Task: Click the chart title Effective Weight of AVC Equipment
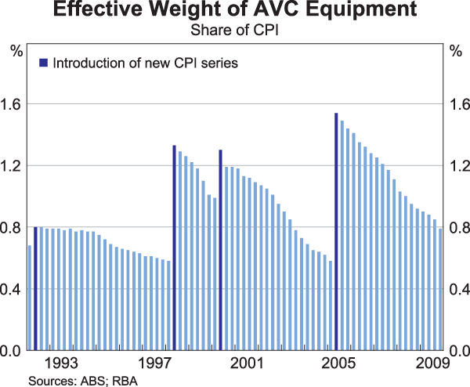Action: (234, 12)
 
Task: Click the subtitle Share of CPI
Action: (234, 31)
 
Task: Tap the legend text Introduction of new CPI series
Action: (145, 62)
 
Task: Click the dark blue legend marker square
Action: (44, 62)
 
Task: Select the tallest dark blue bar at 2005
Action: (336, 232)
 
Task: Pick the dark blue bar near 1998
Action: (174, 248)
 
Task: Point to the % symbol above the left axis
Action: (16, 52)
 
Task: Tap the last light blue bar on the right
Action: (440, 289)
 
